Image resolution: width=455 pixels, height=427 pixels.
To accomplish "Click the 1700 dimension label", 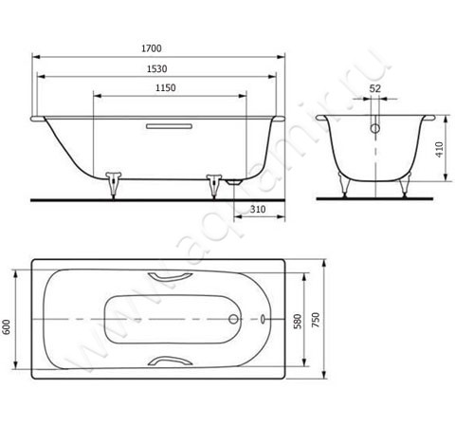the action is pos(152,48).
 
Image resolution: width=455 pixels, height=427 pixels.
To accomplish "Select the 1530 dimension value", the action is pos(157,68).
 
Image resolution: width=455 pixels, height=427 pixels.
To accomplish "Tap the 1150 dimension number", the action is pos(166,87).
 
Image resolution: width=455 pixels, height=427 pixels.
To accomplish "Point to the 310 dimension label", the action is pos(258,209).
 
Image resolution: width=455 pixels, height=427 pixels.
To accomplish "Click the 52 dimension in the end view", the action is pos(375,88).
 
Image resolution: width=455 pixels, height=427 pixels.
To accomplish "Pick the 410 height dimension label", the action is pos(439,149).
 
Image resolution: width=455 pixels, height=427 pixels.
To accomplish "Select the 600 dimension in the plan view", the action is pos(7,326).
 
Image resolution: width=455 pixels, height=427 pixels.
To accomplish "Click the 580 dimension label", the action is pos(298,322).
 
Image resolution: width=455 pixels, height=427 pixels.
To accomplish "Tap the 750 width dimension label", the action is pos(316,320).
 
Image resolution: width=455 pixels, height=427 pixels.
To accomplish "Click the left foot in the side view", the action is pos(113,185).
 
